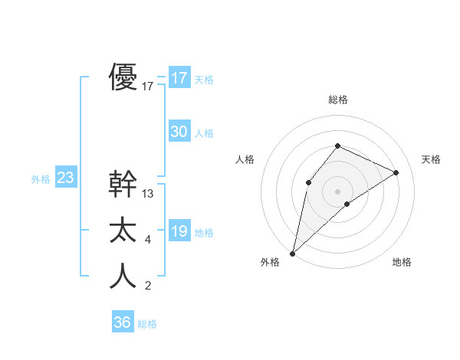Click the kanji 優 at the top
coord(123,77)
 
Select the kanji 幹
coord(123,184)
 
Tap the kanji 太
coord(123,230)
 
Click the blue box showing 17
coord(179,78)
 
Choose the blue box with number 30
coord(179,132)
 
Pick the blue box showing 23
coord(65,178)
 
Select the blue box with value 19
coord(179,231)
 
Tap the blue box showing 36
coord(122,322)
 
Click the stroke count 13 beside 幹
coord(148,194)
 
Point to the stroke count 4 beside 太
coord(148,241)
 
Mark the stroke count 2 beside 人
coord(148,286)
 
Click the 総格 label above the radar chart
coord(337,100)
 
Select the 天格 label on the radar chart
coord(432,159)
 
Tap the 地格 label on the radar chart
coord(402,262)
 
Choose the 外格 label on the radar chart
coord(270,262)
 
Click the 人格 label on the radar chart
coord(244,159)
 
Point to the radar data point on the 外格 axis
coord(292,253)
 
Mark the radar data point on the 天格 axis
coord(396,172)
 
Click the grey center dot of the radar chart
coord(337,191)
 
